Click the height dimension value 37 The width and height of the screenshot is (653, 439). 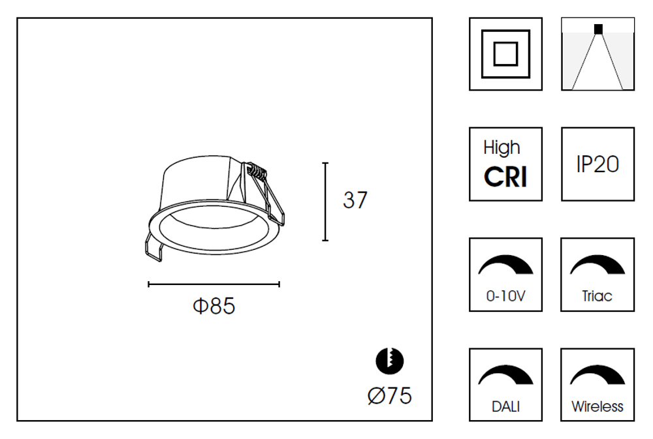tap(355, 200)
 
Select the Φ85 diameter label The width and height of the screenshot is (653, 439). tap(214, 305)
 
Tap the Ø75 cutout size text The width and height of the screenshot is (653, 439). tap(389, 395)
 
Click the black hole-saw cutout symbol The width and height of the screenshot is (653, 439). tap(389, 361)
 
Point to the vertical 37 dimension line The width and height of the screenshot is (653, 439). tap(325, 202)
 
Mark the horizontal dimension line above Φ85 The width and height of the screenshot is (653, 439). tap(214, 284)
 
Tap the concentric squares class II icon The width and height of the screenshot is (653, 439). tap(505, 53)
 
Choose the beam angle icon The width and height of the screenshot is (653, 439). tap(597, 53)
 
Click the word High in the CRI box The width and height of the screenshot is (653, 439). tap(502, 148)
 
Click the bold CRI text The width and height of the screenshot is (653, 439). tap(505, 177)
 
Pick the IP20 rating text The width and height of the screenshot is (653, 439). tap(597, 164)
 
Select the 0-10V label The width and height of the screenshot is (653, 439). tap(505, 296)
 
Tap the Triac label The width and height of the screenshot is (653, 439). tap(597, 296)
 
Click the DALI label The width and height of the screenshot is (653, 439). tap(505, 406)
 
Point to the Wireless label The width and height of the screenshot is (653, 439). tap(597, 406)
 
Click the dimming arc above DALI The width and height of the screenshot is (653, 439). tap(505, 375)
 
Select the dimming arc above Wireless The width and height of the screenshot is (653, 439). tap(597, 375)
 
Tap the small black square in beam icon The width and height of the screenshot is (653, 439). tap(598, 28)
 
